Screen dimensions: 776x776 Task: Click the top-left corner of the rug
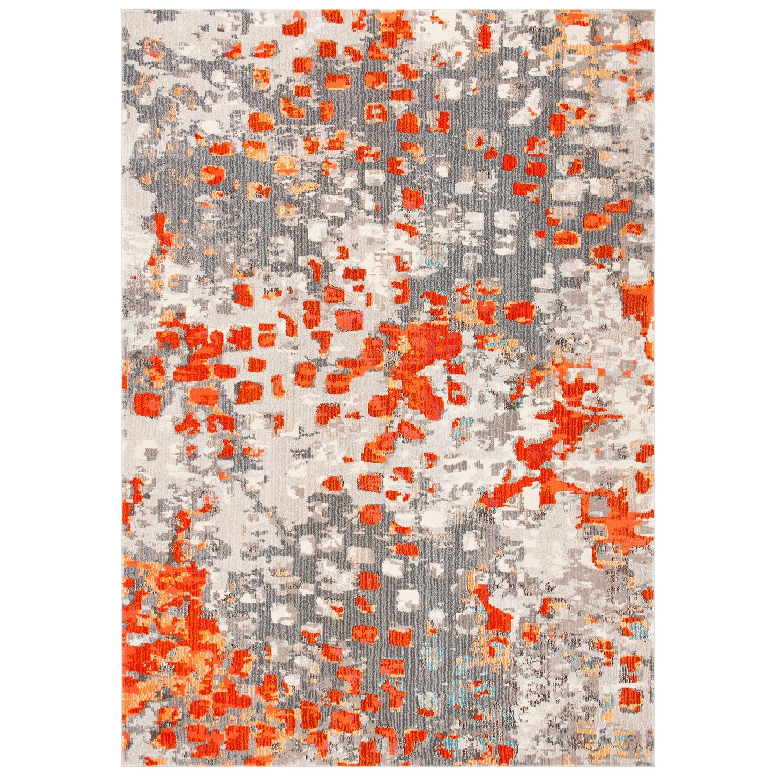(x=124, y=9)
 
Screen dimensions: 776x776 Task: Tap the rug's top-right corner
(x=654, y=9)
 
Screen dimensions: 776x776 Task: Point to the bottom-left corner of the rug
(x=124, y=766)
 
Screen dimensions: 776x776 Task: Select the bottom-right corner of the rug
(x=654, y=766)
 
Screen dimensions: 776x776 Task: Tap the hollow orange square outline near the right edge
(x=596, y=505)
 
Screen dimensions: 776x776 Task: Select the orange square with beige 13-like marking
(x=376, y=113)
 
